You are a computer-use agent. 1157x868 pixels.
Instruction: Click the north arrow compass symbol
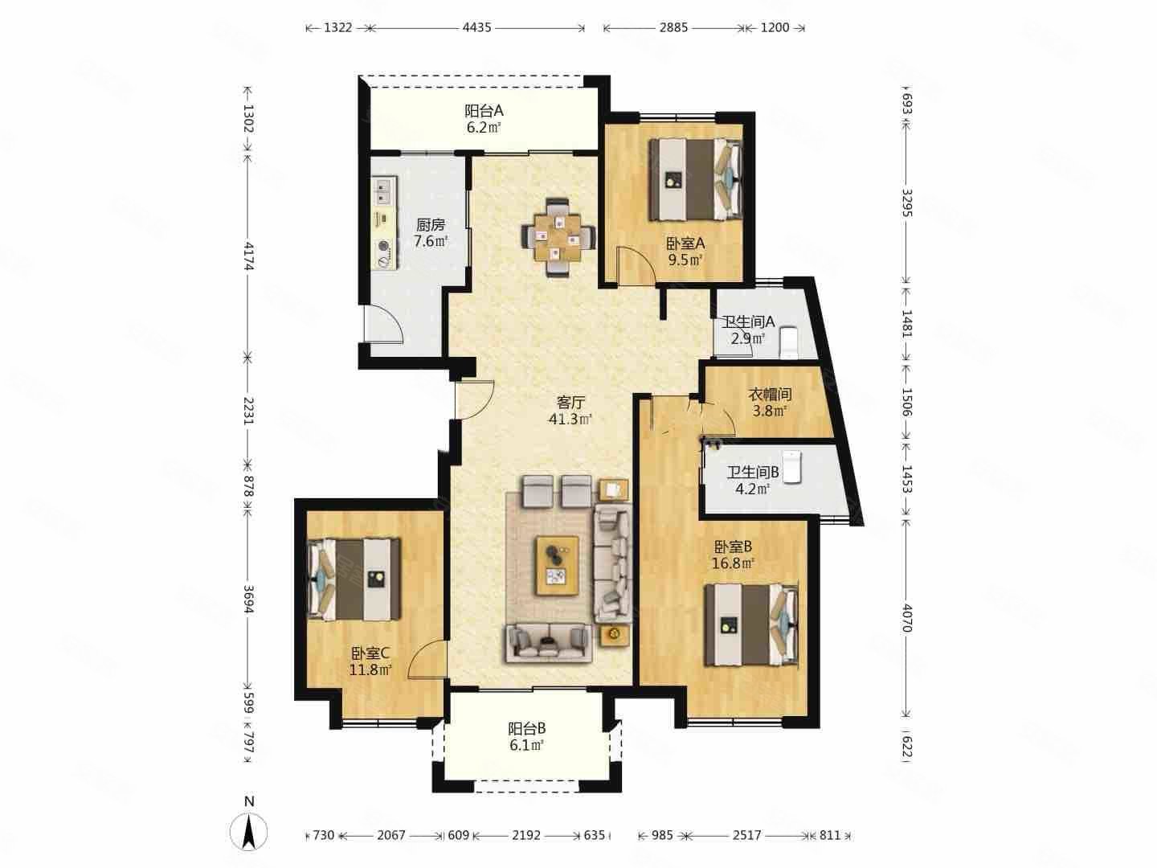249,833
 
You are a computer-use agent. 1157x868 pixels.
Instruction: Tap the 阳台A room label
484,111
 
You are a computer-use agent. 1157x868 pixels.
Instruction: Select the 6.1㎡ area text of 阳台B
526,745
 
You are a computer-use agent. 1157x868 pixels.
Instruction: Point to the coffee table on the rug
557,566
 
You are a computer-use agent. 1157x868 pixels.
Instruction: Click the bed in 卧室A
695,178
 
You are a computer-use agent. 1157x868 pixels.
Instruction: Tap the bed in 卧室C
354,579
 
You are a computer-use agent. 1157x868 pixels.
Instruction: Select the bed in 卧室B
751,625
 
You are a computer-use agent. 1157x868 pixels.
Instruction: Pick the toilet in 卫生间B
791,467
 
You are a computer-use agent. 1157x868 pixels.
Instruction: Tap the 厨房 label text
431,225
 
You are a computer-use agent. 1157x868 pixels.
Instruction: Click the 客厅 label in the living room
570,403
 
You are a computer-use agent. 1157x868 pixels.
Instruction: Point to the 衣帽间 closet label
770,394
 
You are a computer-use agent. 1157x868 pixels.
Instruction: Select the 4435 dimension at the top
477,27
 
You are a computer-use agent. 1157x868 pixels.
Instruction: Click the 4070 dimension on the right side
906,618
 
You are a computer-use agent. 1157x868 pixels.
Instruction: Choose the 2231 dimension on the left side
248,411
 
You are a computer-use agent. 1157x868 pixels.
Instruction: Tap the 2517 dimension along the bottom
747,835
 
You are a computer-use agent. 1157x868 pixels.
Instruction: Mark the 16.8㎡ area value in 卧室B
734,563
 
